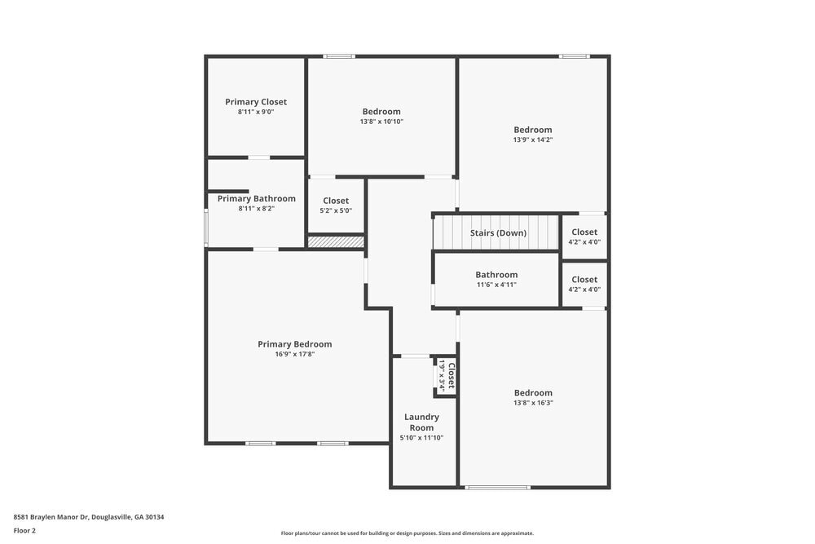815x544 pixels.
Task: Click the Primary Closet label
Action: coord(256,102)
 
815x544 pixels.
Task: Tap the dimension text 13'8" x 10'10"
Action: coord(381,122)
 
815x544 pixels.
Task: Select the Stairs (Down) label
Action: coord(498,233)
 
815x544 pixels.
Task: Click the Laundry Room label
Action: coord(421,422)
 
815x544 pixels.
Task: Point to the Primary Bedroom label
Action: coord(295,344)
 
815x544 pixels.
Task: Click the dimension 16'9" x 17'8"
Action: coord(295,355)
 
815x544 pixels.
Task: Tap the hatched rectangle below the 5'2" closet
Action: coord(336,241)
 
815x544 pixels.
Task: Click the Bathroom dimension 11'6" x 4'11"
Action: coord(496,285)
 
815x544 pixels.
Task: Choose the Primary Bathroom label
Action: coord(256,198)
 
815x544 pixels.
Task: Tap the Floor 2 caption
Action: coord(24,530)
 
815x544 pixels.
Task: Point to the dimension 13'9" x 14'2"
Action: coord(532,139)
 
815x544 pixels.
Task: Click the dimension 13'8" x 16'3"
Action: coord(533,403)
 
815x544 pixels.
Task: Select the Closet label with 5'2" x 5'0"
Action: coord(336,201)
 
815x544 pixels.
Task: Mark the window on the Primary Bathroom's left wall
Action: coord(206,228)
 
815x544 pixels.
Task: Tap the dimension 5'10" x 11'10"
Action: coord(421,438)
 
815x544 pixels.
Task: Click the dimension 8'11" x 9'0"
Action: coord(256,112)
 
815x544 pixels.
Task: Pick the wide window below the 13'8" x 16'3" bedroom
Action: coord(497,488)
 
